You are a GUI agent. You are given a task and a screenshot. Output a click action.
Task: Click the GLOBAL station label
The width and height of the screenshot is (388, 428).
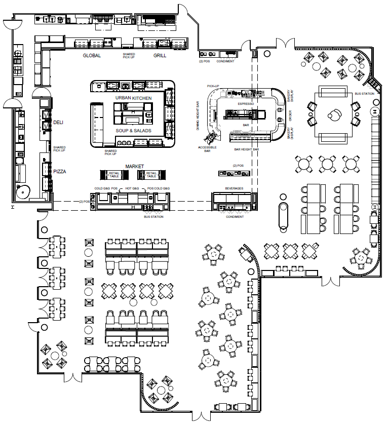92,55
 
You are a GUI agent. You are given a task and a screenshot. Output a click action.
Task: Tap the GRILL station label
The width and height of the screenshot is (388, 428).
160,55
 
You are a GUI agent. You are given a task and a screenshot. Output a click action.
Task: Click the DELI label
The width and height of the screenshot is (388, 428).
59,123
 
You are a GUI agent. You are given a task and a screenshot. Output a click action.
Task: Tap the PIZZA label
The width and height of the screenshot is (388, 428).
60,172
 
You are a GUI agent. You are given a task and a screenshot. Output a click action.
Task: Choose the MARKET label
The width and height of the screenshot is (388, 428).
135,167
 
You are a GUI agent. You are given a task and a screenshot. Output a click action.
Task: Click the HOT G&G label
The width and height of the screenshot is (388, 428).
132,189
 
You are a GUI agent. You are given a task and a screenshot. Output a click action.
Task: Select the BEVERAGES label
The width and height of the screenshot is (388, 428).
234,188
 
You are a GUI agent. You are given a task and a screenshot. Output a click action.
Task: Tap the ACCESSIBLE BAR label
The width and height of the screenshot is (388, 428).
205,149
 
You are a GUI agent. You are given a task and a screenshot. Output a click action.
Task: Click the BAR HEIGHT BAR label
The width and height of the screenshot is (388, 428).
246,150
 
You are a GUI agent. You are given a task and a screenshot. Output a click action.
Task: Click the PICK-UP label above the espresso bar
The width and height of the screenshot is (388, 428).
213,87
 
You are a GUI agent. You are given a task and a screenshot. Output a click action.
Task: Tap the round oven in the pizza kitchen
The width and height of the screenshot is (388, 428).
23,191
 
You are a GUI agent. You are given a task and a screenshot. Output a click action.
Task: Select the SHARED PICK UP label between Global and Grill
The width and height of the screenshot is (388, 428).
129,55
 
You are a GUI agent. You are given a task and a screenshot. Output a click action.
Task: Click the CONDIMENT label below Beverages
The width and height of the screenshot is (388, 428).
235,217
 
